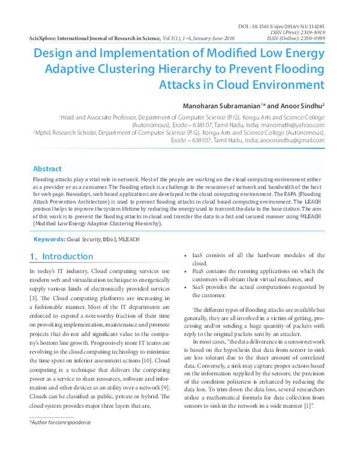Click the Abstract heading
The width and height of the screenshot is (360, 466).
pos(47,169)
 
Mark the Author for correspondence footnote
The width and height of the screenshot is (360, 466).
pos(60,423)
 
